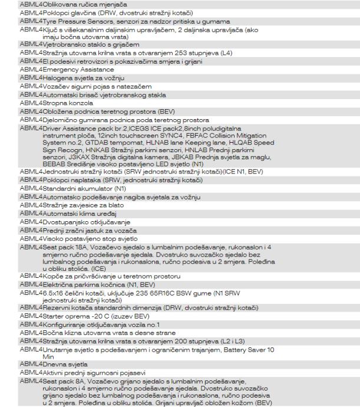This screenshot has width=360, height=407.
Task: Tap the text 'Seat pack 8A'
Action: click(61, 380)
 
